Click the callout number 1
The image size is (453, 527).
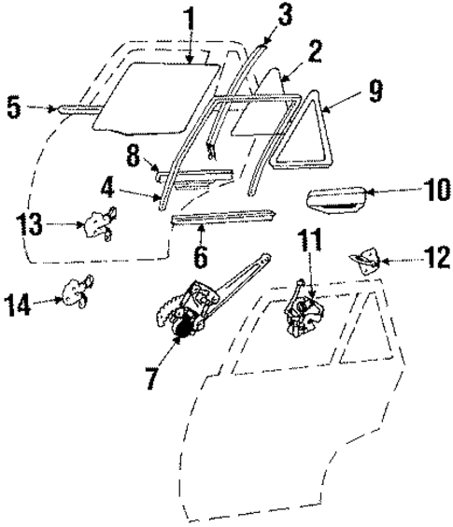coord(189,17)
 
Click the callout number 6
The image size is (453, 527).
coord(200,255)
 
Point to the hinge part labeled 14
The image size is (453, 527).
coord(75,294)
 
